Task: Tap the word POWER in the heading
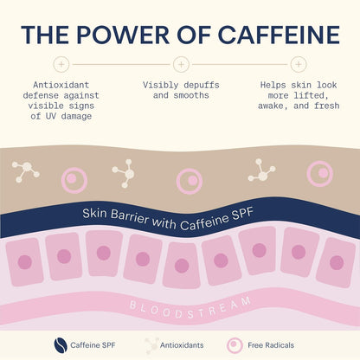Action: [x=123, y=35]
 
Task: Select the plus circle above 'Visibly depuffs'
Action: [x=181, y=64]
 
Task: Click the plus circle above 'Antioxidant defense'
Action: [x=61, y=64]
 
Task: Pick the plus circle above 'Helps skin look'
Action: [x=299, y=64]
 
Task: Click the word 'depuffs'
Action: [x=202, y=85]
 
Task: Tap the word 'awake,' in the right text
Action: [x=273, y=106]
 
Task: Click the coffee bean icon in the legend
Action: [x=61, y=345]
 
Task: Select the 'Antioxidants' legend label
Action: [x=182, y=345]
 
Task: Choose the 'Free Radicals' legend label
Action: [x=271, y=345]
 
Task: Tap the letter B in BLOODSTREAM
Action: [x=132, y=305]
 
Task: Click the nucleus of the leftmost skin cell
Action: [x=25, y=262]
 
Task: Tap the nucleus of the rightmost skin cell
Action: [x=337, y=263]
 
